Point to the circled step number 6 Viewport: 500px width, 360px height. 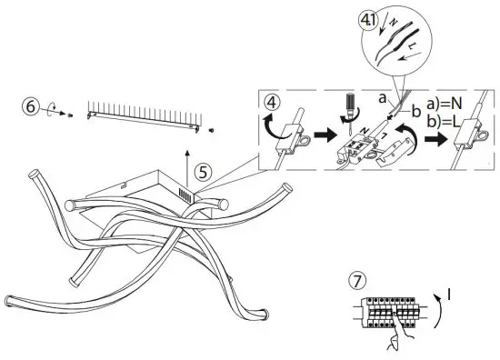(32, 108)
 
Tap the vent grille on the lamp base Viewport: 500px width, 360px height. (185, 195)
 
